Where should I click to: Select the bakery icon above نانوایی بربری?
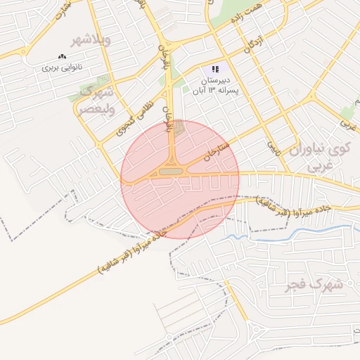click(63, 56)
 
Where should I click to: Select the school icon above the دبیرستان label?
click(214, 70)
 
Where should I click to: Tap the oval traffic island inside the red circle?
click(169, 171)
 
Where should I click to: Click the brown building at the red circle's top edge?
click(179, 128)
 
